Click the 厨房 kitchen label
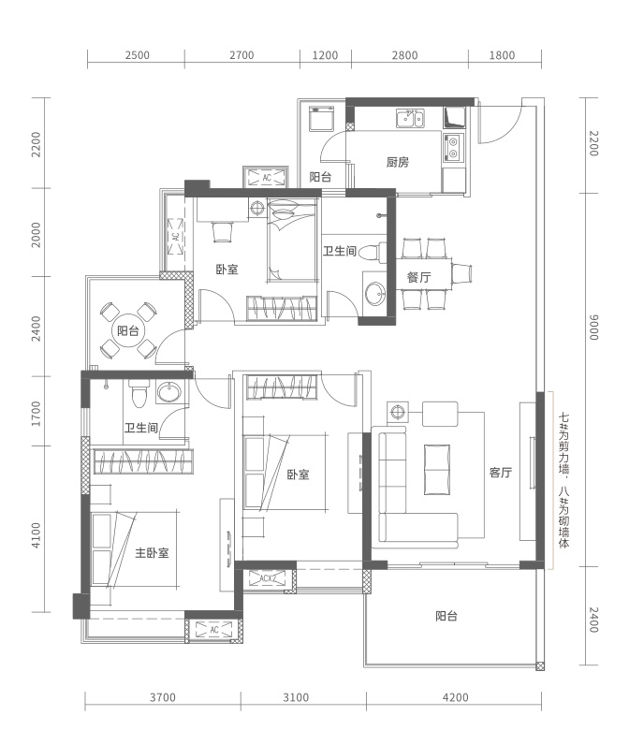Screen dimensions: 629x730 398,162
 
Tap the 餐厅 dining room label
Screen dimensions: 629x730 418,277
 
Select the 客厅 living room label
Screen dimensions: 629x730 501,473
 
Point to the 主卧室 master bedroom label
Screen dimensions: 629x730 152,552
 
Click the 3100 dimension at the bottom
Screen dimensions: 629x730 296,697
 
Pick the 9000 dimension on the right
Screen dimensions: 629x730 593,328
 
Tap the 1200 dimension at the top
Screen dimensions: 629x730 325,55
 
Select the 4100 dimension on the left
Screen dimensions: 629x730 36,535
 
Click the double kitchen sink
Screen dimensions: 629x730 410,118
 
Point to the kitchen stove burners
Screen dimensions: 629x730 452,147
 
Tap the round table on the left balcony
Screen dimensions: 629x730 127,330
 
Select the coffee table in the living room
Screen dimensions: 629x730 437,470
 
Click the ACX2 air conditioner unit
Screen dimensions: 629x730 268,578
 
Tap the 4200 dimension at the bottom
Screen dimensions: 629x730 455,697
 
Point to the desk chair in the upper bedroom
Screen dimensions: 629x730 222,231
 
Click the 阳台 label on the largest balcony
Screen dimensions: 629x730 446,616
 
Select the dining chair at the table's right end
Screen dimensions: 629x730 461,273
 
